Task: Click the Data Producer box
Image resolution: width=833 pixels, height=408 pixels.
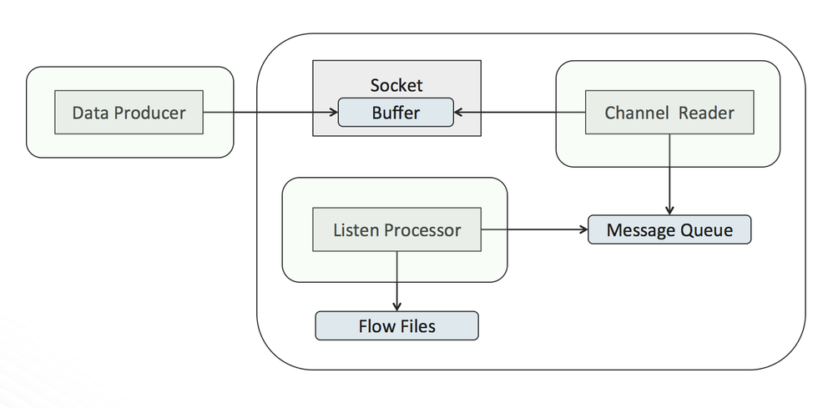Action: click(x=129, y=113)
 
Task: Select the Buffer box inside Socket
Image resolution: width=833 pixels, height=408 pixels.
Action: click(x=396, y=113)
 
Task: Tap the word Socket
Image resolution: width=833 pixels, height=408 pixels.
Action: click(x=396, y=85)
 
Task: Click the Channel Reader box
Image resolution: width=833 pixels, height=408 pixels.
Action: click(x=669, y=113)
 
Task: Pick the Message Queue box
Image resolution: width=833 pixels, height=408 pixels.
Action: click(x=669, y=229)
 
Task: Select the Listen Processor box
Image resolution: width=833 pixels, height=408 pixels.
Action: click(x=396, y=229)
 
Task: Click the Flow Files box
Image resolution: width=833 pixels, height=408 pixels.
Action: click(x=396, y=325)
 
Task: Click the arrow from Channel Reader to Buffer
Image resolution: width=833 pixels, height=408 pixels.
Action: click(x=518, y=113)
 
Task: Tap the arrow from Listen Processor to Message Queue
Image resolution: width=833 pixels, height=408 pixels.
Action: click(x=535, y=229)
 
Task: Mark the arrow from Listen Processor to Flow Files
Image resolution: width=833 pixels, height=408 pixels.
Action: click(x=396, y=280)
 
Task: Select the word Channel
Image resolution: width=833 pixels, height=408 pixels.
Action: click(x=636, y=113)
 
